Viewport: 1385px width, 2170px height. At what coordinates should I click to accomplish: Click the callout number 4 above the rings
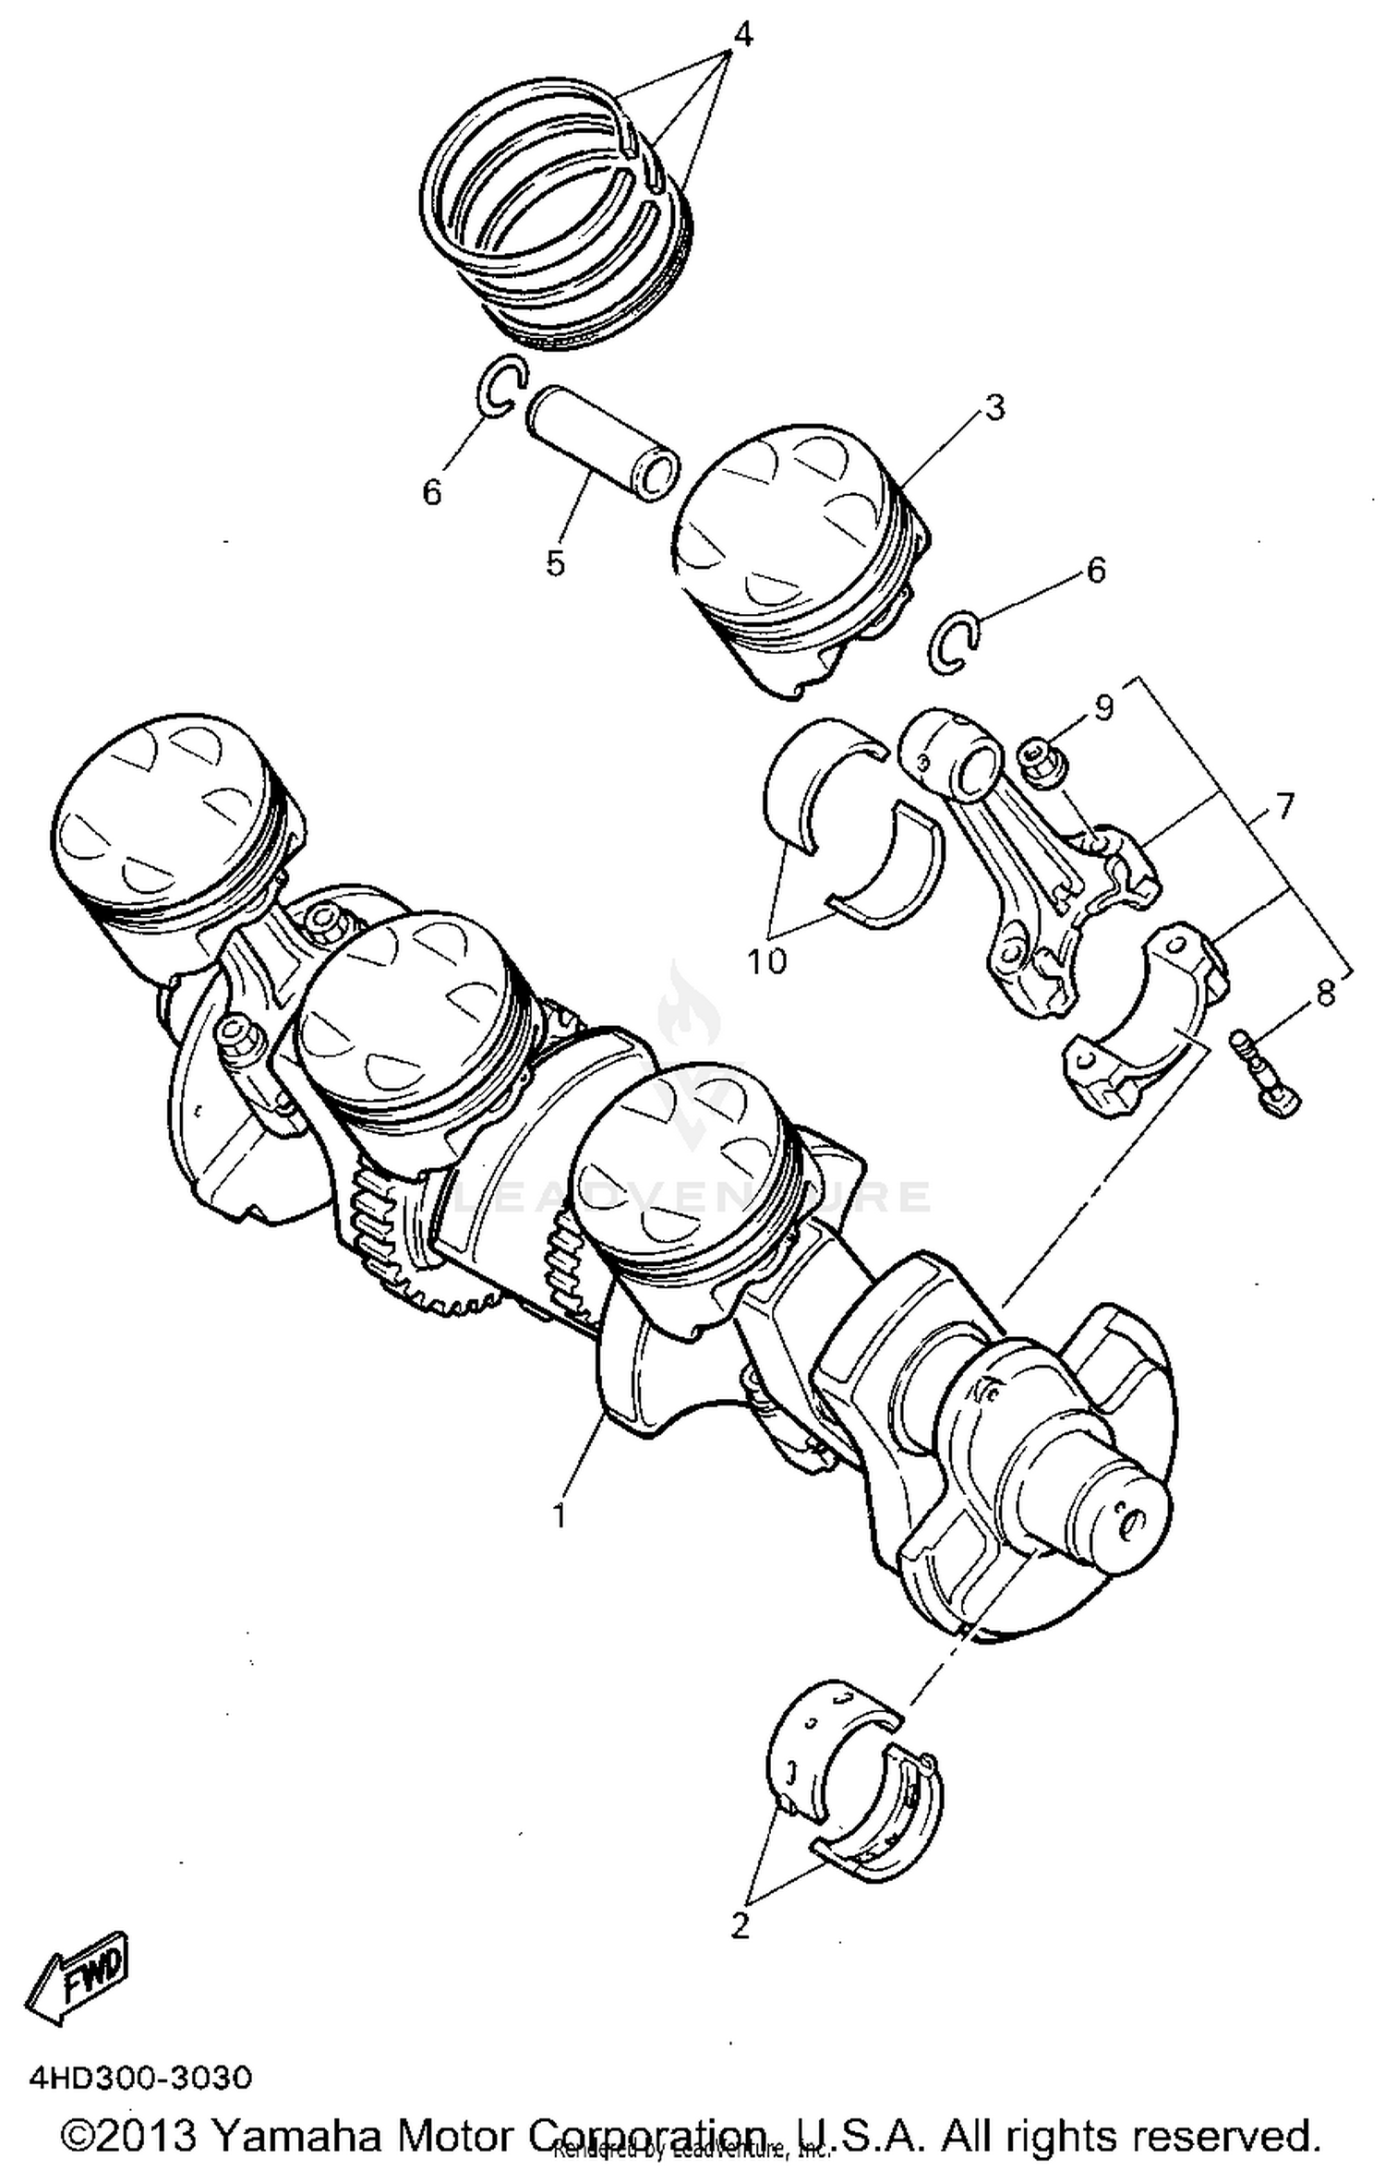742,35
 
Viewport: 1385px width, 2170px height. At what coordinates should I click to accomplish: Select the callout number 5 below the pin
554,562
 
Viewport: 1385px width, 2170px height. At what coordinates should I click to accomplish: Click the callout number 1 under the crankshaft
559,1515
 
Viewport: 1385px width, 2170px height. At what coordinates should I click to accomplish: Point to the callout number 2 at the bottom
740,1927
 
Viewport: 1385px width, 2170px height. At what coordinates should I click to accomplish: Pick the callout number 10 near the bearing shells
766,961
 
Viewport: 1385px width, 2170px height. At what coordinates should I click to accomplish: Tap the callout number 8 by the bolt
1325,994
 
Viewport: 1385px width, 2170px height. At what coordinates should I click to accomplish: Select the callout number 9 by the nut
1104,707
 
